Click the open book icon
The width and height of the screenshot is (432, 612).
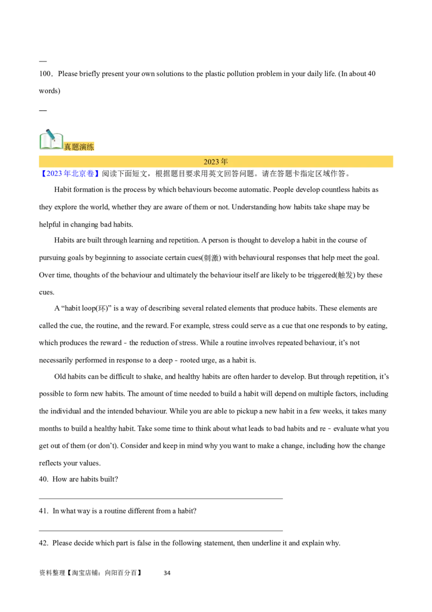tap(51, 141)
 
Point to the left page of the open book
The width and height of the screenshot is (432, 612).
tap(46, 142)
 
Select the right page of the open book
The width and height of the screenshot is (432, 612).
tap(57, 142)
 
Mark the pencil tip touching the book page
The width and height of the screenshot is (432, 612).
tap(54, 139)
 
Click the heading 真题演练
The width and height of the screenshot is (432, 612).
tap(79, 147)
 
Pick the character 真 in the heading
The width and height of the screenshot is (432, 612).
tap(68, 147)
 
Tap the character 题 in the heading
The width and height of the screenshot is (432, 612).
tap(76, 147)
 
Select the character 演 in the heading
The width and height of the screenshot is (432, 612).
tap(83, 147)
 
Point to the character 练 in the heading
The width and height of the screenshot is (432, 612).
tap(91, 147)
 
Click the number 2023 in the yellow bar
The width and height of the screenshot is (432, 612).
tap(211, 162)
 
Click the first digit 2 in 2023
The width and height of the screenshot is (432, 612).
tap(206, 162)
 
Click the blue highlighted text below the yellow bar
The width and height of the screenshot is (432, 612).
tap(70, 174)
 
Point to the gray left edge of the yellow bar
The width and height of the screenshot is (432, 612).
tap(36, 162)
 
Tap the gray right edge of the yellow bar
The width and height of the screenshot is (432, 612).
tap(396, 161)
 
